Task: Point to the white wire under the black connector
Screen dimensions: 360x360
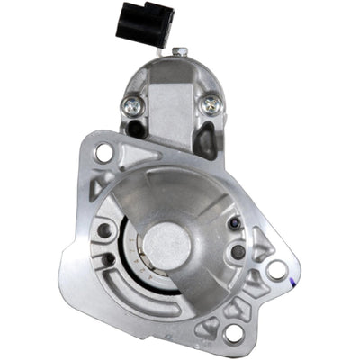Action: click(x=158, y=51)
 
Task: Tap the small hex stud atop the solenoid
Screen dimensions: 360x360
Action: click(x=179, y=51)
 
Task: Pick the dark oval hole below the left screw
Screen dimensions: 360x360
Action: click(x=136, y=129)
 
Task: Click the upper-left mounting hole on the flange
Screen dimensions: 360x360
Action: click(x=103, y=153)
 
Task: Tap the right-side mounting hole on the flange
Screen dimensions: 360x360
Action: click(x=276, y=268)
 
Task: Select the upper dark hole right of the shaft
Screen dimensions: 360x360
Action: click(x=235, y=223)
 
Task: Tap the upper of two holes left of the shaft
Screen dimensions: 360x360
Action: click(x=104, y=231)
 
